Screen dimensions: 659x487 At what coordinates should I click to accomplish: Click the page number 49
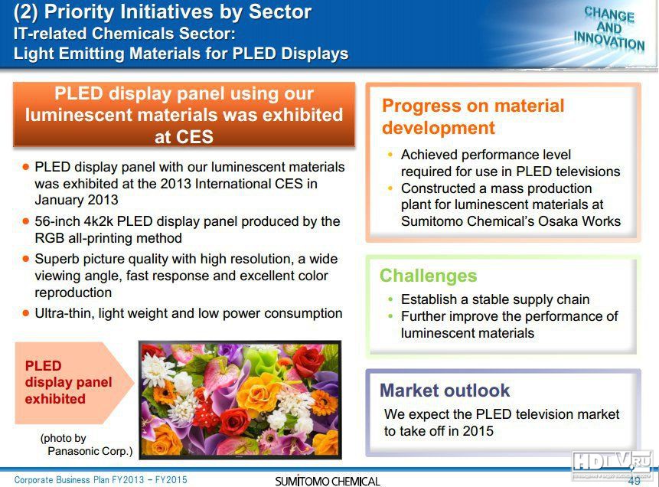(x=634, y=480)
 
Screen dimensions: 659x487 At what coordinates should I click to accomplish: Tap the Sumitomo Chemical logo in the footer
(x=328, y=481)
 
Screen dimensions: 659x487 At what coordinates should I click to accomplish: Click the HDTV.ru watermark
(x=613, y=465)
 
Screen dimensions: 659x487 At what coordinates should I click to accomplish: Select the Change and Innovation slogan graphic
(x=609, y=28)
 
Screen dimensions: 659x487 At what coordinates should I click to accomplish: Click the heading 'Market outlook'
(x=445, y=391)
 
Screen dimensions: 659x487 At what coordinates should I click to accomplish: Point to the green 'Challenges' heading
(x=429, y=276)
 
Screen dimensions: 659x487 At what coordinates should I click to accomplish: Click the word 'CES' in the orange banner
(x=184, y=136)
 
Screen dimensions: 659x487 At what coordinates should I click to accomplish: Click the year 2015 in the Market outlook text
(x=478, y=430)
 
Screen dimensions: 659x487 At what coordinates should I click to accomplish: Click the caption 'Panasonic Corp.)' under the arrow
(x=90, y=451)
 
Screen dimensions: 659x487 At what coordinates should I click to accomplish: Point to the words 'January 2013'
(x=77, y=200)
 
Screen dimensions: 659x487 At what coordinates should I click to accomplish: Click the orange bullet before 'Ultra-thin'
(x=26, y=313)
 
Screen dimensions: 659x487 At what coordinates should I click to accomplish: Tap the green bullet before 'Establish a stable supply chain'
(x=391, y=299)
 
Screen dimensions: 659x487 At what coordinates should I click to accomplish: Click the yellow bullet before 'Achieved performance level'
(x=391, y=155)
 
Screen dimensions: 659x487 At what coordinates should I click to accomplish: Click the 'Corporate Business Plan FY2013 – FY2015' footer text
(x=100, y=480)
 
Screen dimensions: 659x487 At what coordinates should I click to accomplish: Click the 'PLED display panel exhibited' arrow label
(x=68, y=382)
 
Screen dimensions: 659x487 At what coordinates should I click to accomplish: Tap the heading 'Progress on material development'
(x=473, y=116)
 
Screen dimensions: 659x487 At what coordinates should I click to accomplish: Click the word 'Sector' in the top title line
(x=280, y=11)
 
